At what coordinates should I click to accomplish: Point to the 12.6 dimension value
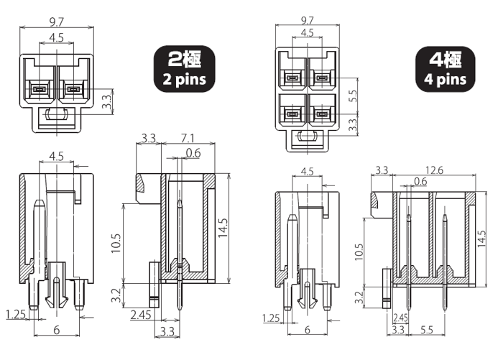point(434,170)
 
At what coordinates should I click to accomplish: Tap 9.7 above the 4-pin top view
point(307,21)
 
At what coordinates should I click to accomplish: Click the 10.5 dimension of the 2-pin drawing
point(117,244)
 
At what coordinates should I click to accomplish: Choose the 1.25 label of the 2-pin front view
point(16,314)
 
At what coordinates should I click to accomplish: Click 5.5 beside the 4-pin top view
point(353,96)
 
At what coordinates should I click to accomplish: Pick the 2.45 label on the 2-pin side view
point(142,315)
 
